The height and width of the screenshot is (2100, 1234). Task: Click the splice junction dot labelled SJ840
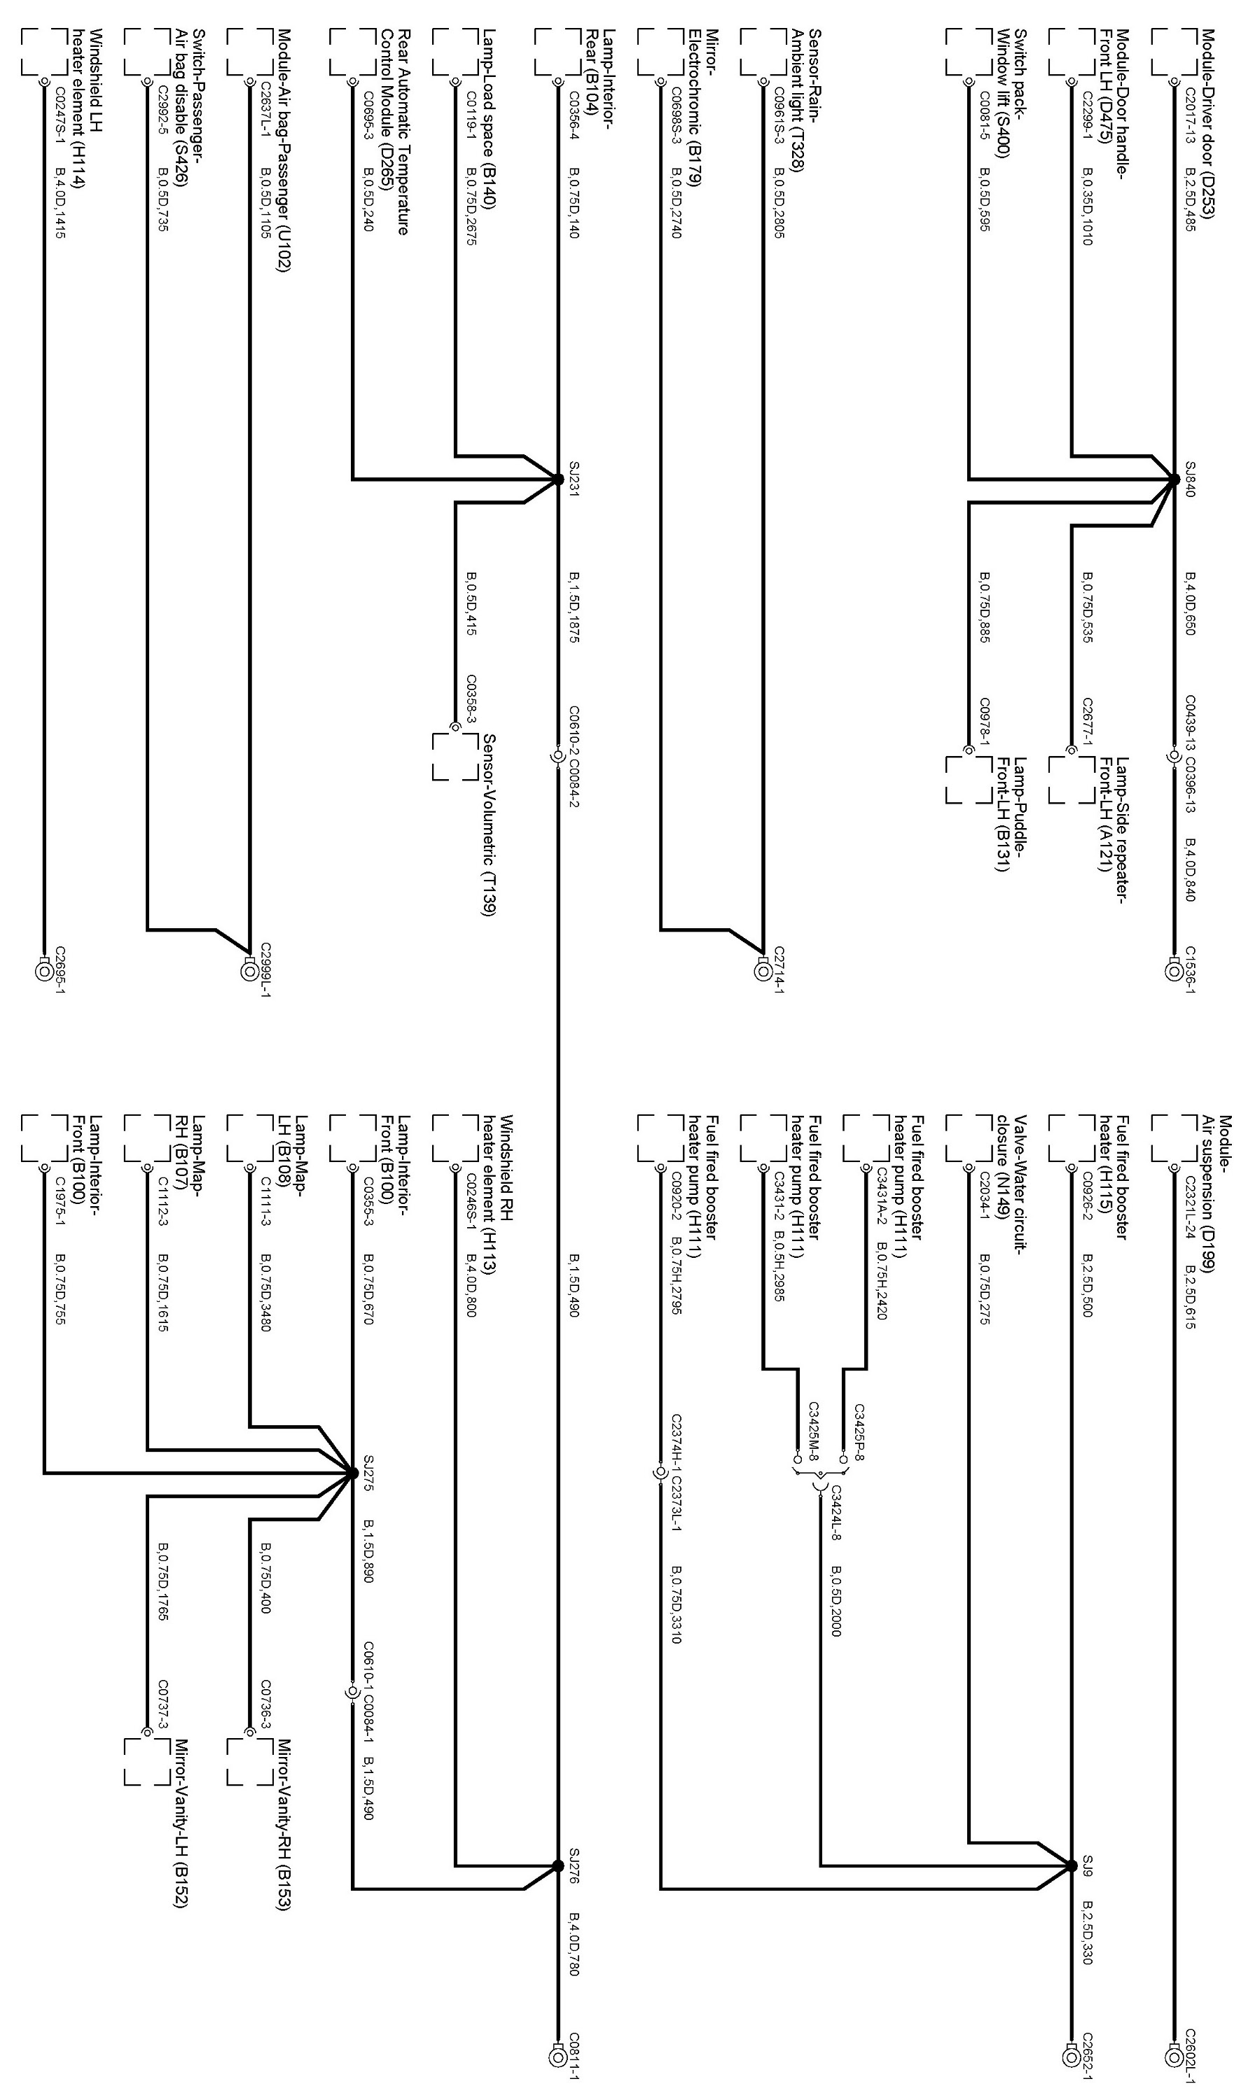point(1174,479)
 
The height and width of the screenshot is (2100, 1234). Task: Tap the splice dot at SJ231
point(557,479)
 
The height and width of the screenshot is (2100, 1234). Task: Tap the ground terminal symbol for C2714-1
point(763,971)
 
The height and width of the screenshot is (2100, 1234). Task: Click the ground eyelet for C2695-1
point(43,971)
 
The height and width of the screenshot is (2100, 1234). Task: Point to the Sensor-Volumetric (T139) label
point(489,825)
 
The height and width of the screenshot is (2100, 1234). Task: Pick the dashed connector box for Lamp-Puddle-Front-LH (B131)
point(967,779)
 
